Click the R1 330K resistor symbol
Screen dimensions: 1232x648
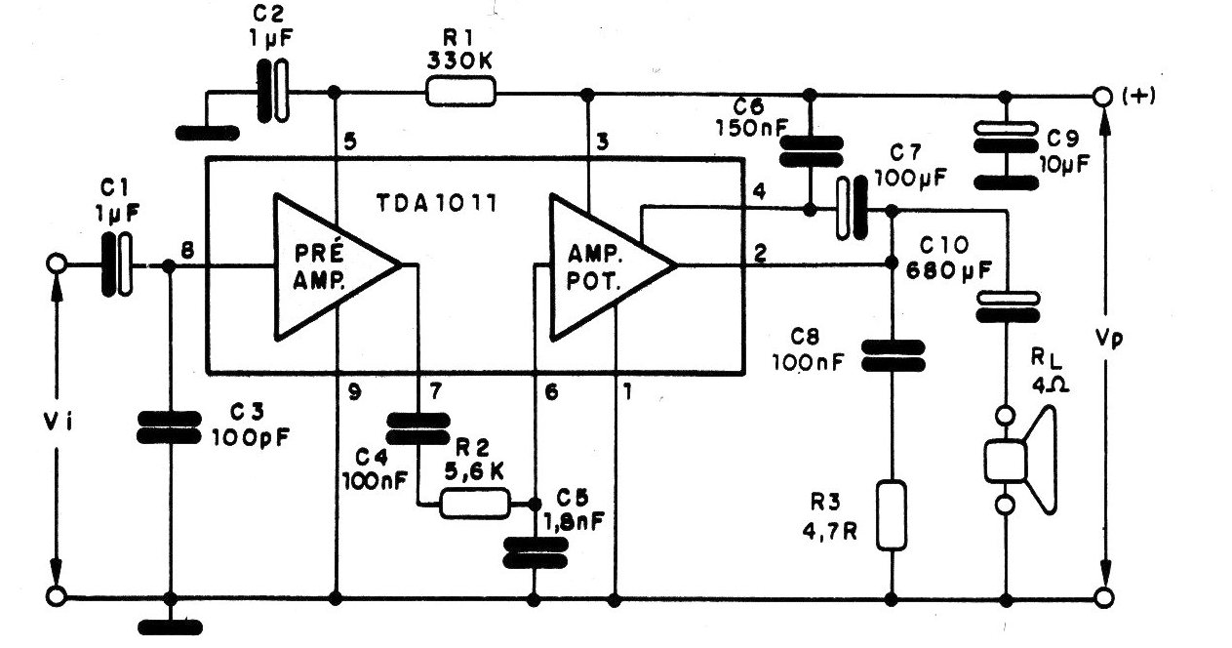(460, 92)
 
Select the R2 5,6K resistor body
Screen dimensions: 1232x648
(475, 504)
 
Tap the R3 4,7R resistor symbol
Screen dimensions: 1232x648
(891, 515)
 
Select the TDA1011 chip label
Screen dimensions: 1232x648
(437, 204)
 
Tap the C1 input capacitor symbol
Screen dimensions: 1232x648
(117, 264)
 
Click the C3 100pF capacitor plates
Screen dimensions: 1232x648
(169, 427)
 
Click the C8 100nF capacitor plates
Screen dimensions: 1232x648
(893, 355)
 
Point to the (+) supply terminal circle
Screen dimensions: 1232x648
(1102, 97)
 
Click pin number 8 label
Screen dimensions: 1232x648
(187, 252)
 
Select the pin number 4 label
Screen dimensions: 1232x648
(759, 191)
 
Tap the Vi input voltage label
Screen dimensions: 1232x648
(58, 423)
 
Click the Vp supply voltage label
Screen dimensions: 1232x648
(1108, 339)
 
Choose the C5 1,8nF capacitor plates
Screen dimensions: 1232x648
(536, 552)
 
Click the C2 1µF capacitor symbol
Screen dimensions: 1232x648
(273, 91)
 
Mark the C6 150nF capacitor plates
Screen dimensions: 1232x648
(812, 151)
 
